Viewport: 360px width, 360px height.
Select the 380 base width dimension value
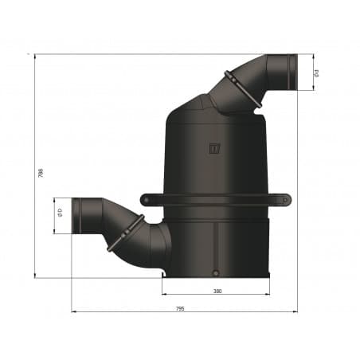coord(217,291)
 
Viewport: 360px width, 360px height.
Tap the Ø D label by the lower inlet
coord(61,214)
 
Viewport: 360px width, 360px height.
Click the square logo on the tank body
coord(213,147)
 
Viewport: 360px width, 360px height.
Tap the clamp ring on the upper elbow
coord(242,88)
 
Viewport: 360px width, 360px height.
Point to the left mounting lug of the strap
coord(146,199)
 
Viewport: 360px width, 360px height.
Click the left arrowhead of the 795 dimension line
coord(73,311)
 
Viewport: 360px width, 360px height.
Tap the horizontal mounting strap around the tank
coord(215,199)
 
